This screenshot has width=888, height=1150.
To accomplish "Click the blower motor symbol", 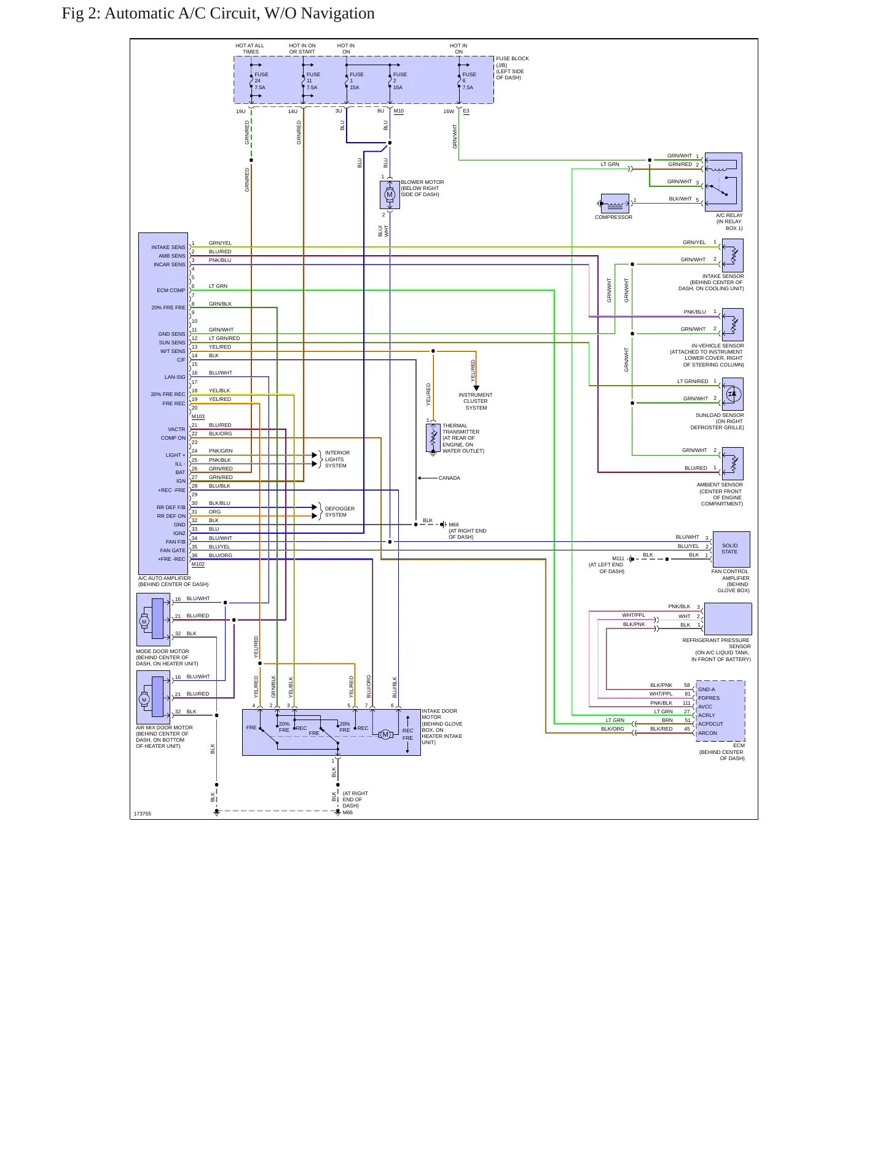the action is (390, 195).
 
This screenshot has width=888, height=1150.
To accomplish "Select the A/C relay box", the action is (723, 182).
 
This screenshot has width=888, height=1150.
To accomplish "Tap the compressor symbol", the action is (615, 204).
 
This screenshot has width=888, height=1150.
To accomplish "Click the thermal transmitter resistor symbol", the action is (433, 438).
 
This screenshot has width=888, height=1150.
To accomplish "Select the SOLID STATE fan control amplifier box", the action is (731, 549).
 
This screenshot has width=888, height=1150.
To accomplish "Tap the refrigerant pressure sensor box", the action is (728, 619).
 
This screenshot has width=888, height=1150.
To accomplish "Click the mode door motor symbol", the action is (153, 620).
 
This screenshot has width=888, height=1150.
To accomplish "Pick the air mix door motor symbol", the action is (153, 697).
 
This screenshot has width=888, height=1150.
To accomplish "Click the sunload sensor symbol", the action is (733, 394).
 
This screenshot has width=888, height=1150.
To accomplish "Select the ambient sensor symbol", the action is (733, 464).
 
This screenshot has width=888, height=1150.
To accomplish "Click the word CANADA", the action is (449, 478).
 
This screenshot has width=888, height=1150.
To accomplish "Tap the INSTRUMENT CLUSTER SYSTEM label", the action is (476, 401).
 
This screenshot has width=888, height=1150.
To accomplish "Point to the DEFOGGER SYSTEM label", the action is (340, 512).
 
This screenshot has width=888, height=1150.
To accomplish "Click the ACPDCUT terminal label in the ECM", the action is (710, 724).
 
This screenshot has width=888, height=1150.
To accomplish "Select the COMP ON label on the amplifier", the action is (173, 438).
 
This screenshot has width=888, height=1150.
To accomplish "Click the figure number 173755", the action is (143, 814).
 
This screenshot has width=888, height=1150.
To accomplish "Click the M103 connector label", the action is (198, 416).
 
